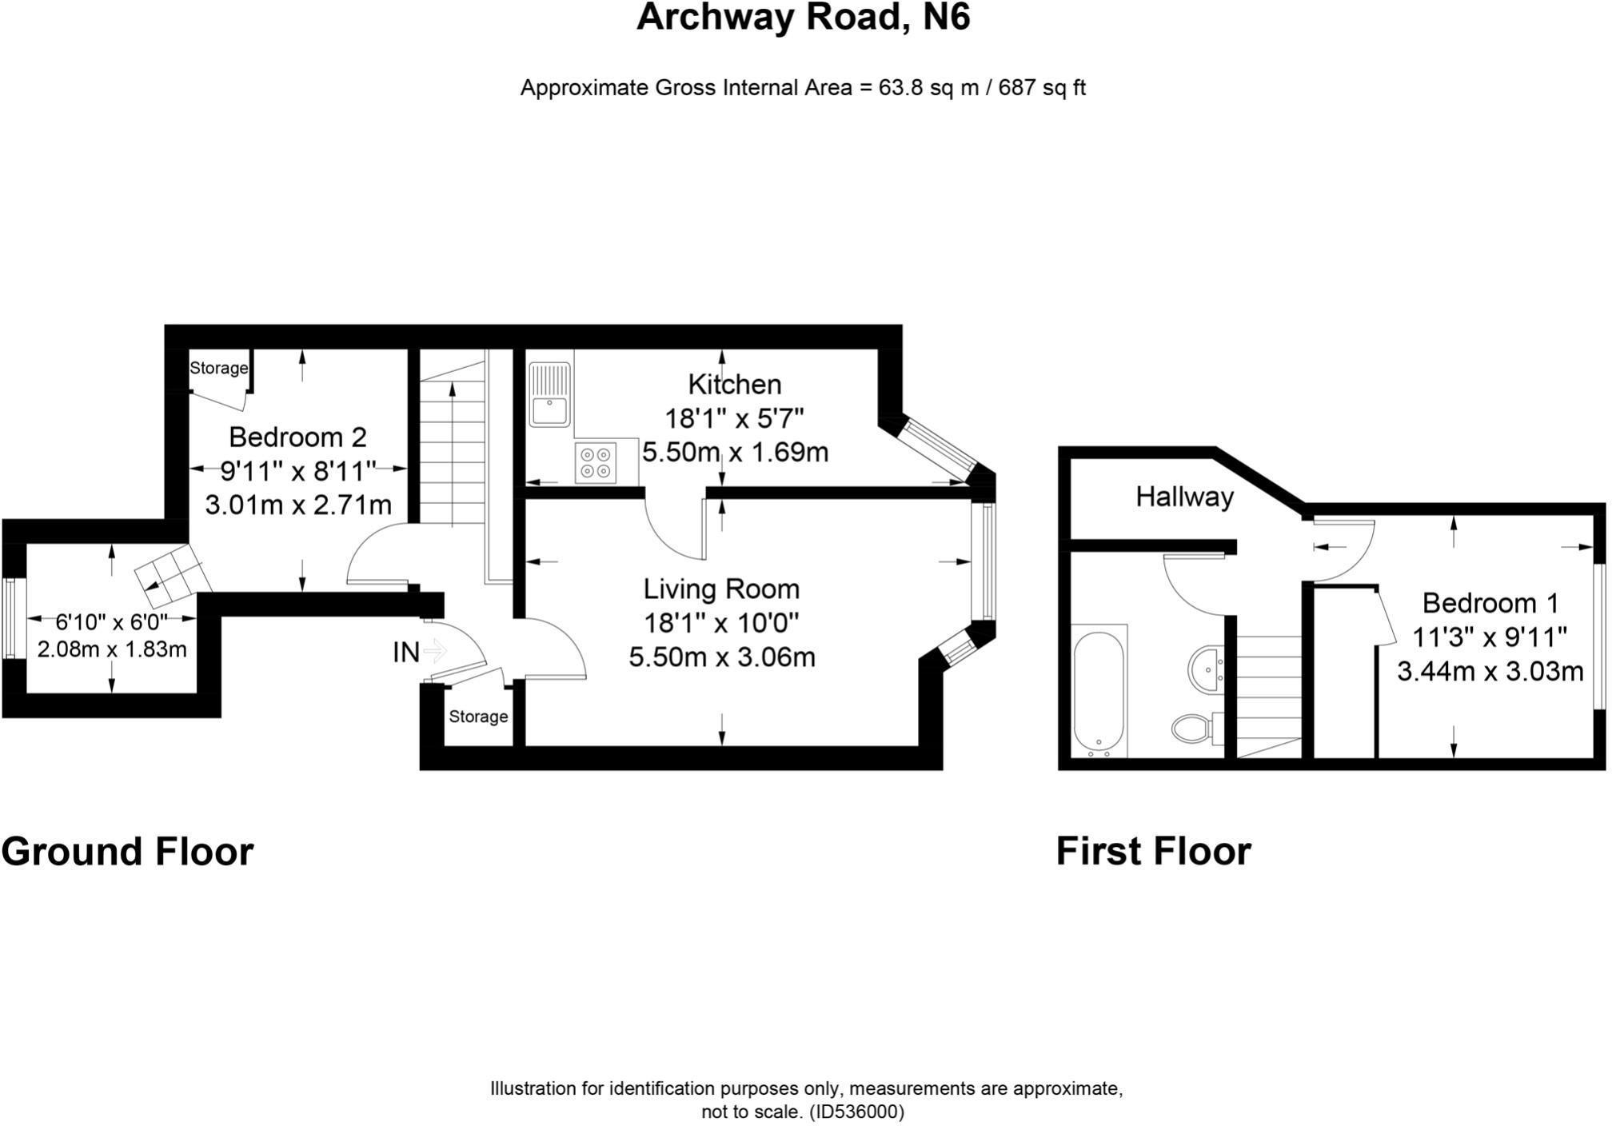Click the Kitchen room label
[734, 385]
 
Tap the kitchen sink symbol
[549, 394]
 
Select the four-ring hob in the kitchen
[596, 463]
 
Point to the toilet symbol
[1191, 728]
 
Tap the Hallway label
[1184, 497]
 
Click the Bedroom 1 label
[1490, 602]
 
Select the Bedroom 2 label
[297, 437]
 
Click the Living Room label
[721, 589]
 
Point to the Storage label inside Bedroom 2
[218, 369]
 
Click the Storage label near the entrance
[478, 717]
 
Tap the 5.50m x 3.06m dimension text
[721, 657]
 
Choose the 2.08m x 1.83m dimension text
[112, 649]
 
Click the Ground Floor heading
[127, 852]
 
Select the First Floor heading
[1153, 852]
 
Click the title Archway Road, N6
[803, 18]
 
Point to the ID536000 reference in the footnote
[856, 1112]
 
